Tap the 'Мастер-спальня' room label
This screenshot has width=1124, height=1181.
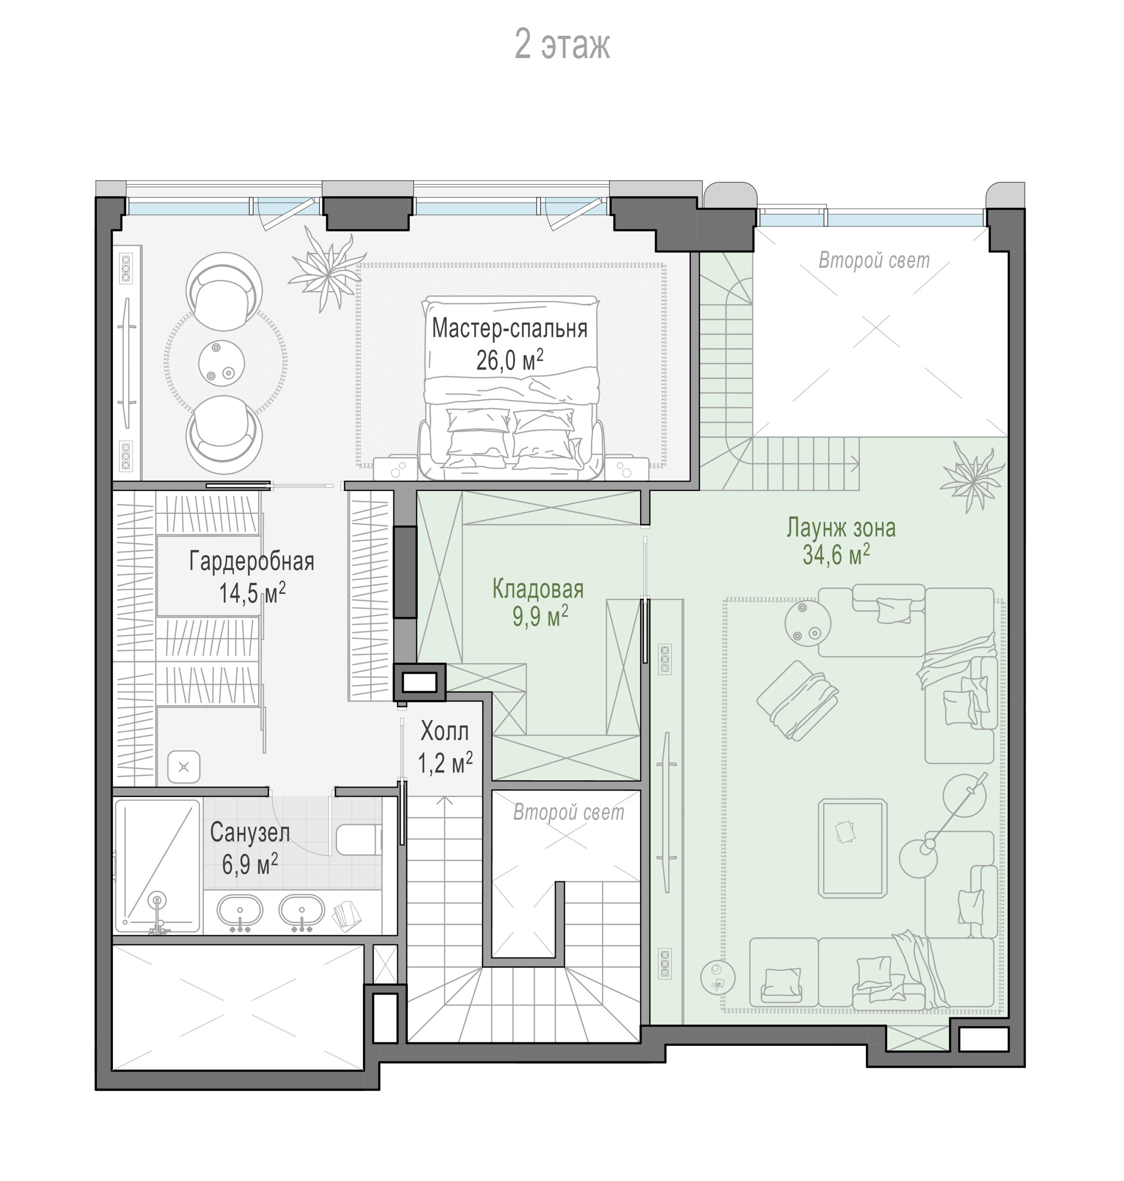(509, 328)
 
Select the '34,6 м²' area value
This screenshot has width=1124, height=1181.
(836, 555)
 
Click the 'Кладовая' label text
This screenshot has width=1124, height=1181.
(538, 589)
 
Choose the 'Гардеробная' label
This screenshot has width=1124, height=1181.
(252, 561)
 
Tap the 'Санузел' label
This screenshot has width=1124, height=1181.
(250, 833)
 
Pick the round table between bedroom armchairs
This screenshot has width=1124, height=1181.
(221, 362)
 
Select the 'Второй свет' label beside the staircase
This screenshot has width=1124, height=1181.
(568, 813)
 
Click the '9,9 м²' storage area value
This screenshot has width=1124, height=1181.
(541, 616)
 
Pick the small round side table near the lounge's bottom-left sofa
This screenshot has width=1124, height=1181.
(717, 978)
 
